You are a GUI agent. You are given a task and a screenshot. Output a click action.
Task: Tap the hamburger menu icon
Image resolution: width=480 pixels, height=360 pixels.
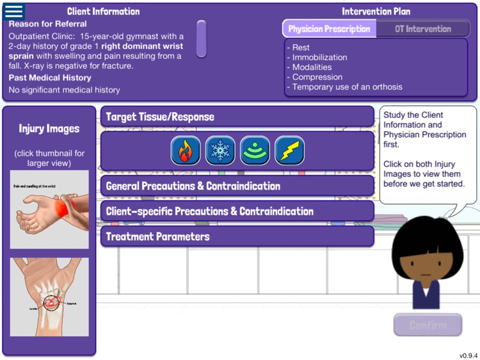click(13, 12)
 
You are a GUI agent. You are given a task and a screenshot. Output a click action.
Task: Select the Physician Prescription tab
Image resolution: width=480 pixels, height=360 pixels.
click(329, 29)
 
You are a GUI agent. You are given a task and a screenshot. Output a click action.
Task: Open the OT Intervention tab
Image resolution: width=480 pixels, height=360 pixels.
click(422, 29)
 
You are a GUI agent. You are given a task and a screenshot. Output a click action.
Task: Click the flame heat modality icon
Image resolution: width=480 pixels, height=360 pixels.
click(186, 151)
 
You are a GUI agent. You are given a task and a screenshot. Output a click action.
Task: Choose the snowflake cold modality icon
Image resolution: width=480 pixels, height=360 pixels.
click(220, 151)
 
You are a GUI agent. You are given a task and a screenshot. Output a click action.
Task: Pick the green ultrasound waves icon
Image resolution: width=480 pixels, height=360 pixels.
click(255, 151)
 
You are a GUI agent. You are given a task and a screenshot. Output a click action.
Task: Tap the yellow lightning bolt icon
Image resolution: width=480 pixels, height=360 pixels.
click(289, 151)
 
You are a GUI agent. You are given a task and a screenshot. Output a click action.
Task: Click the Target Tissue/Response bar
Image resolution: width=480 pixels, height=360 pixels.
click(237, 117)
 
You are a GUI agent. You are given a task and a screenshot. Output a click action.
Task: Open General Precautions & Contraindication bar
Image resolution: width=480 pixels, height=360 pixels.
click(237, 186)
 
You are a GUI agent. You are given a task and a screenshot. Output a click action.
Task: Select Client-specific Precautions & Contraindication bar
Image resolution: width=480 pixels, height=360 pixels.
click(237, 211)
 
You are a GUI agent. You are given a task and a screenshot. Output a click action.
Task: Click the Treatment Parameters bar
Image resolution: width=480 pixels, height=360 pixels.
click(237, 236)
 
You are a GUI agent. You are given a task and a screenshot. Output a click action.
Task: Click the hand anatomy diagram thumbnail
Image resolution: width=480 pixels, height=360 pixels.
click(49, 297)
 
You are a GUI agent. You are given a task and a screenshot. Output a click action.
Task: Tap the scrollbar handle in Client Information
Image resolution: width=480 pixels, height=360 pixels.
click(201, 38)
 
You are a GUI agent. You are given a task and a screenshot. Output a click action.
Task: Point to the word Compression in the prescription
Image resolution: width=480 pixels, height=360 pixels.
click(317, 77)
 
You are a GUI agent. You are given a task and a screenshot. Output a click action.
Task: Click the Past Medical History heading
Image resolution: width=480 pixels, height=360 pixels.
click(50, 78)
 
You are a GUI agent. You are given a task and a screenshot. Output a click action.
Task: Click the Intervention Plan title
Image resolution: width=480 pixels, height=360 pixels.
click(376, 12)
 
